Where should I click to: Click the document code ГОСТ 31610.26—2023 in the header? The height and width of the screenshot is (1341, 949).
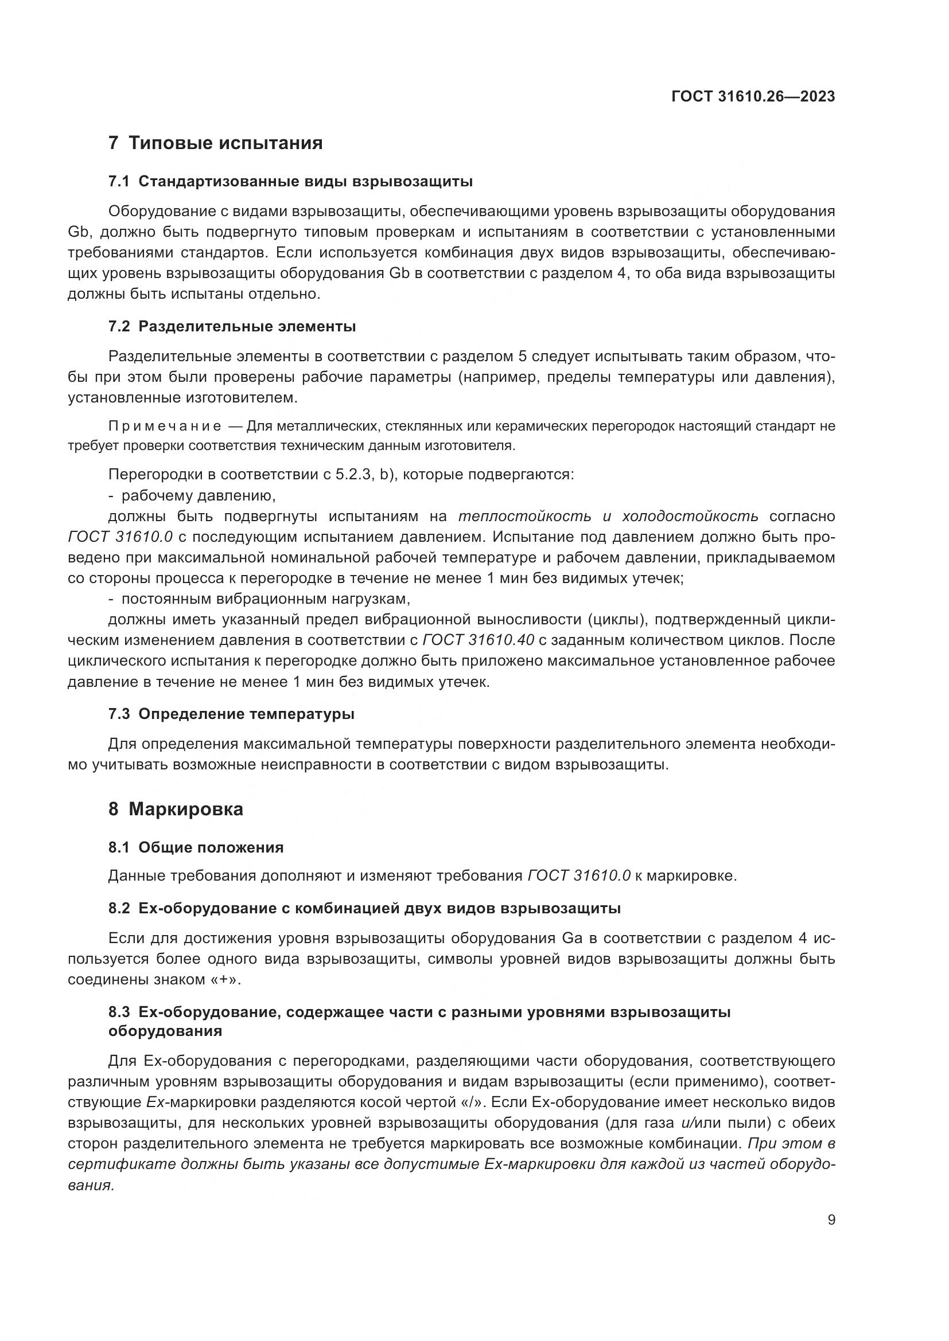(753, 96)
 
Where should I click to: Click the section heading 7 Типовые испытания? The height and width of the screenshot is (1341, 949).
(215, 143)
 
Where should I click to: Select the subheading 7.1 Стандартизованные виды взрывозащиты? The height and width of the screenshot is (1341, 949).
(290, 182)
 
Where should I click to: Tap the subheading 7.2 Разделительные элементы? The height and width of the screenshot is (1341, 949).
(232, 326)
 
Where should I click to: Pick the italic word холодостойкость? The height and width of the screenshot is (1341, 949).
(690, 517)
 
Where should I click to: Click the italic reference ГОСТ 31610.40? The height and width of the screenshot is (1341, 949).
(477, 640)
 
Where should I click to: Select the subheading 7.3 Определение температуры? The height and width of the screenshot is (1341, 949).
(231, 714)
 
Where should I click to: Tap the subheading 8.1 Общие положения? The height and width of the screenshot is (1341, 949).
(196, 847)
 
